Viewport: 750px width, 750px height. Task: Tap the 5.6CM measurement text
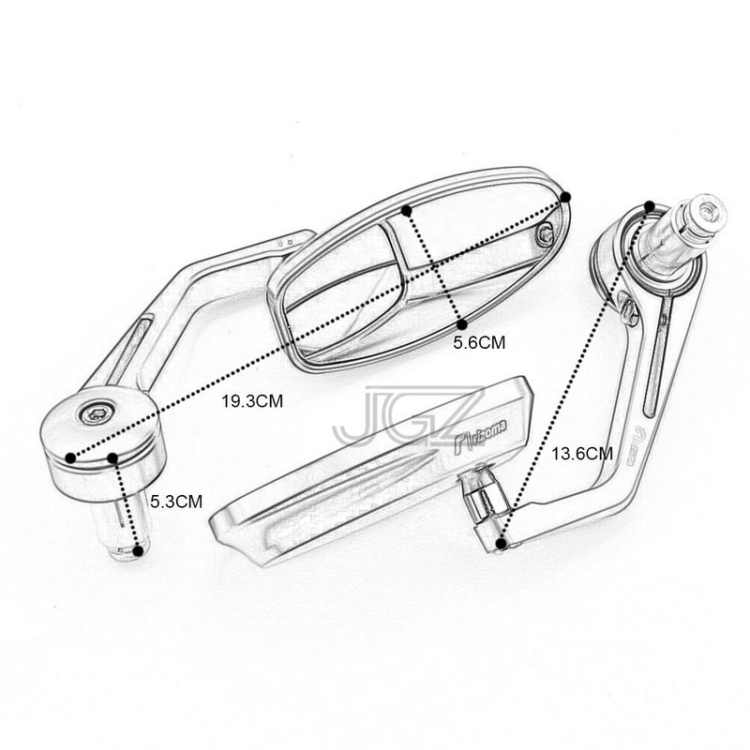click(x=479, y=343)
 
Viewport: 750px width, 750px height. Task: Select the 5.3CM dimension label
click(x=177, y=502)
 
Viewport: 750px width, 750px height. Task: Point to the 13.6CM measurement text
click(x=582, y=454)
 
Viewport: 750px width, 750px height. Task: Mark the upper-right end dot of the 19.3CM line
click(x=567, y=195)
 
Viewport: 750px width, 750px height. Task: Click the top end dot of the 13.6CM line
click(x=650, y=205)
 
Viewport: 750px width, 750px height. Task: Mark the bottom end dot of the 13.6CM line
click(x=503, y=542)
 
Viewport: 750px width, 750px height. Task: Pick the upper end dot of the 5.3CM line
click(x=112, y=458)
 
